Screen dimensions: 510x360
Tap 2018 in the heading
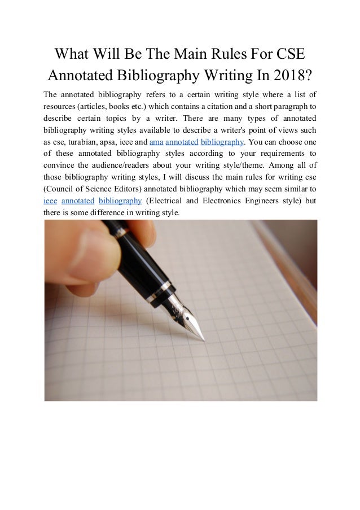[286, 75]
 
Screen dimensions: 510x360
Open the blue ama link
[155, 141]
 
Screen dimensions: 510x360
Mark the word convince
[58, 165]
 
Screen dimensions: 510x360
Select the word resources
[61, 106]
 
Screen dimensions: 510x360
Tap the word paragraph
[291, 106]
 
